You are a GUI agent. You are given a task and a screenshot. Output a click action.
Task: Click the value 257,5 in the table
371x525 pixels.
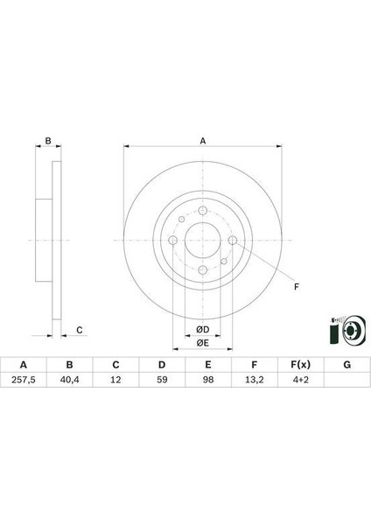(24, 380)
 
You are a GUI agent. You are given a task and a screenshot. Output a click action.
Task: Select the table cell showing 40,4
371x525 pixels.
(70, 380)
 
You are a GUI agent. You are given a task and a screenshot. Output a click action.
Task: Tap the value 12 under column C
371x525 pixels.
(115, 380)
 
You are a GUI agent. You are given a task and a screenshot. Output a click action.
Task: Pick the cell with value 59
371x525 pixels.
(162, 380)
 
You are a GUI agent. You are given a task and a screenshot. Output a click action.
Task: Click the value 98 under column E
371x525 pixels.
(208, 380)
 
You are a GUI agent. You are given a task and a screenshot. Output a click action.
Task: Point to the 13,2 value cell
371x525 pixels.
(255, 380)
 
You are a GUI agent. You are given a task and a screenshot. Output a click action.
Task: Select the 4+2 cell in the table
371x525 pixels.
(301, 380)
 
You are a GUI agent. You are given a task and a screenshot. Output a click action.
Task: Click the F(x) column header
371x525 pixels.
(301, 365)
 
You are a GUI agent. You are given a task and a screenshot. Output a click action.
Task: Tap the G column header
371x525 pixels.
(346, 365)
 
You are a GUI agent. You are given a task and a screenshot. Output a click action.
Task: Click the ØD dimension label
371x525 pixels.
(203, 330)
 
